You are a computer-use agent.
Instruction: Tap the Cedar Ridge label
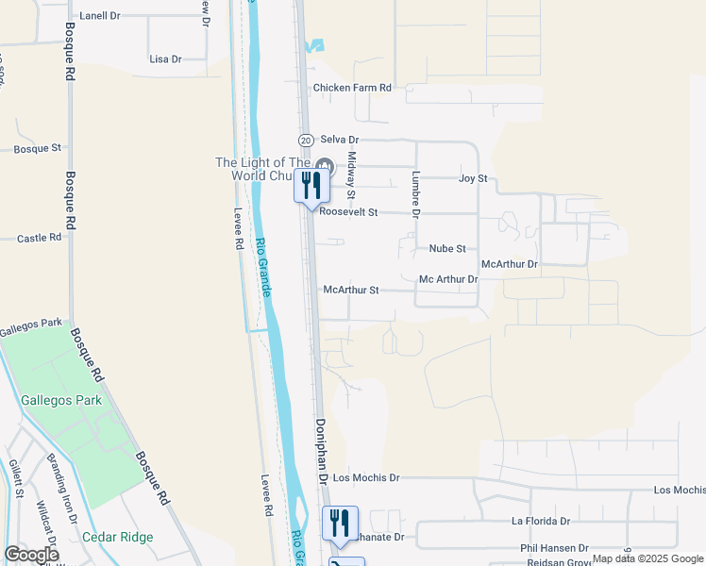pos(117,537)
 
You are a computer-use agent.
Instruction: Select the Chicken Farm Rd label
pos(352,88)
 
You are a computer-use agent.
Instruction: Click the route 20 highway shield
pos(306,140)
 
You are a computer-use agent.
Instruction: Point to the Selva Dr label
pos(341,139)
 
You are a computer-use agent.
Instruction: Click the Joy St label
pos(472,177)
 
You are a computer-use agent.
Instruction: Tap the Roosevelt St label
pos(348,212)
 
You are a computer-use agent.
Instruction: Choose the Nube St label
pos(447,248)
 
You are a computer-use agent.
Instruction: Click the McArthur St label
pos(350,291)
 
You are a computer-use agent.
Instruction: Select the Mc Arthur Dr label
pos(448,279)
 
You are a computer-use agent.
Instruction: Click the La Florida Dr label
pos(541,521)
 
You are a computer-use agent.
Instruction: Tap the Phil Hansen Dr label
pos(554,548)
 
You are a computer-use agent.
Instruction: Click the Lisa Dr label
pos(165,58)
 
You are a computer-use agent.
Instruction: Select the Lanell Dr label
pos(100,16)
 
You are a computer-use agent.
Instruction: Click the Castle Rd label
pos(39,239)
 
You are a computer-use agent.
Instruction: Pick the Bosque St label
pos(38,148)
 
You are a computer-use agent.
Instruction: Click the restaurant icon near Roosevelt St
pos(312,185)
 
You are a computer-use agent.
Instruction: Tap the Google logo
pos(31,554)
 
